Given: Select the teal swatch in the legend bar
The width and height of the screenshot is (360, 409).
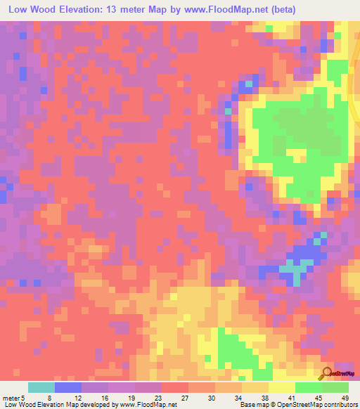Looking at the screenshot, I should pyautogui.click(x=41, y=388).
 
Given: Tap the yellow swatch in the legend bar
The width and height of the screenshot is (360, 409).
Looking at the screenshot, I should pyautogui.click(x=282, y=388).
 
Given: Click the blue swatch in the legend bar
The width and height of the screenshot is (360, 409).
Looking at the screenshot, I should pyautogui.click(x=68, y=388).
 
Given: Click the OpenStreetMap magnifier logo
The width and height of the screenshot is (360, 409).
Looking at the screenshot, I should pyautogui.click(x=328, y=373).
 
